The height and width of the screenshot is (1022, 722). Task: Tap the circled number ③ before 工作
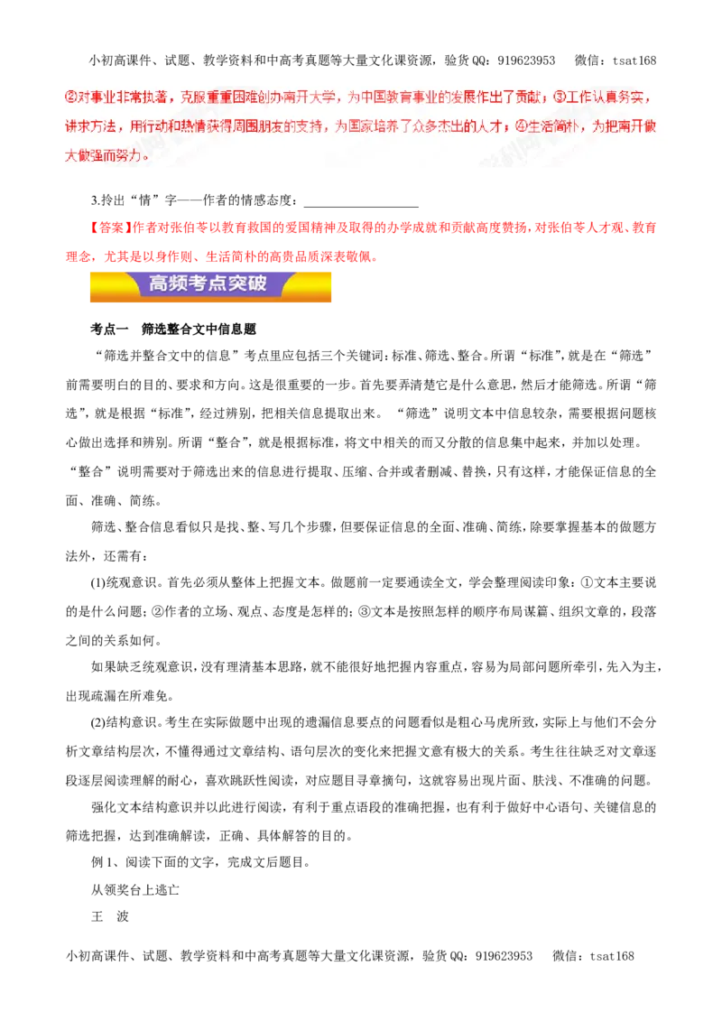pyautogui.click(x=560, y=98)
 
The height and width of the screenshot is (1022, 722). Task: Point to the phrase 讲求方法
pyautogui.click(x=88, y=126)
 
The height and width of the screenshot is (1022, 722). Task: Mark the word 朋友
pyautogui.click(x=273, y=126)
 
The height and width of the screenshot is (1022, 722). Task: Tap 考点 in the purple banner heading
pyautogui.click(x=208, y=283)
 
